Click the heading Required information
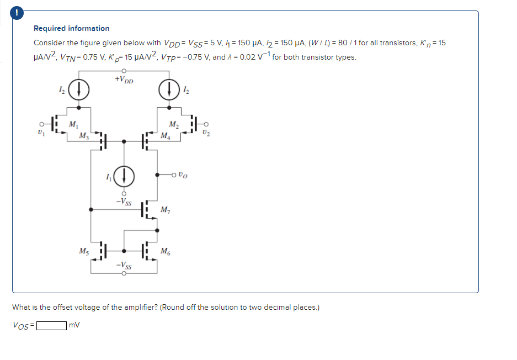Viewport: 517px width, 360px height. tap(72, 28)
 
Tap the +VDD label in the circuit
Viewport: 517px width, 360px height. tap(124, 80)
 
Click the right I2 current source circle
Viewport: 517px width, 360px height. tap(168, 89)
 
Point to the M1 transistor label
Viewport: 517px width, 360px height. tap(73, 124)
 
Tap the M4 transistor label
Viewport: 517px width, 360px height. tap(164, 135)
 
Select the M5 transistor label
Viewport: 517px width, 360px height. tap(83, 252)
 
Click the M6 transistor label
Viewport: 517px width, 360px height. tap(165, 252)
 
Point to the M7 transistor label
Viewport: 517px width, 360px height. tap(165, 209)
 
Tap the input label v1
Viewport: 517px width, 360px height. tap(39, 133)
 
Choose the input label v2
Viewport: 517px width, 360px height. tap(206, 133)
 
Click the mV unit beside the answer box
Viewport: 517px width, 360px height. tap(74, 325)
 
